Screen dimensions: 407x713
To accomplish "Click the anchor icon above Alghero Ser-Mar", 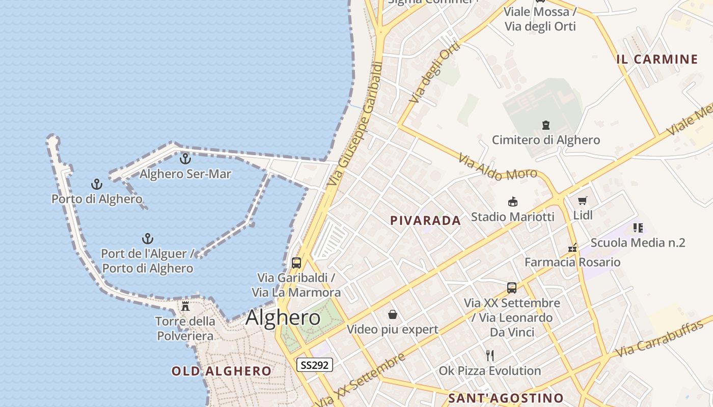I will tap(185, 158).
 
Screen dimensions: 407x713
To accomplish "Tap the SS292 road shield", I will tap(315, 365).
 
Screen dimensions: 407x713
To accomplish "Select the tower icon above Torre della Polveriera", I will tap(185, 306).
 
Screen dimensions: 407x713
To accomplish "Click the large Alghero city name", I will tap(283, 318).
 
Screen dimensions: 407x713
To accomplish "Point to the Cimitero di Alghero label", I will tap(546, 140).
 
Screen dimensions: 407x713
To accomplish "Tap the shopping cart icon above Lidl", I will tap(583, 200).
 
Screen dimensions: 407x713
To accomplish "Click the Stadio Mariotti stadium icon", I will tap(513, 202).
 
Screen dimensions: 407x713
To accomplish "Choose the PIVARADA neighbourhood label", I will tap(425, 220).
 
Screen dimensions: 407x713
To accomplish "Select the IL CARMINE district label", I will tap(657, 59).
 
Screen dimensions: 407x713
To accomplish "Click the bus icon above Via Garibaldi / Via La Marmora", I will tap(296, 263).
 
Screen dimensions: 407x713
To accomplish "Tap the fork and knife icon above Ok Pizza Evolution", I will tap(490, 355).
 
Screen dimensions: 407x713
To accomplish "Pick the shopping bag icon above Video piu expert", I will tap(392, 314).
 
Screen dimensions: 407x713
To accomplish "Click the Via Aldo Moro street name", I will tap(498, 167).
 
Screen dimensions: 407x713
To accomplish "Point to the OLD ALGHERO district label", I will tap(222, 371).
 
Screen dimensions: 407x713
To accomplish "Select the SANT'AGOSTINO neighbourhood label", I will tap(506, 398).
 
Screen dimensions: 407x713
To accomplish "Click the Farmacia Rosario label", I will tap(572, 263).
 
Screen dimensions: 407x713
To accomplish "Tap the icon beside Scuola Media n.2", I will tap(638, 227).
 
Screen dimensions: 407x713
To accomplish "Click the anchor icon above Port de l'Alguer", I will tap(147, 238).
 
